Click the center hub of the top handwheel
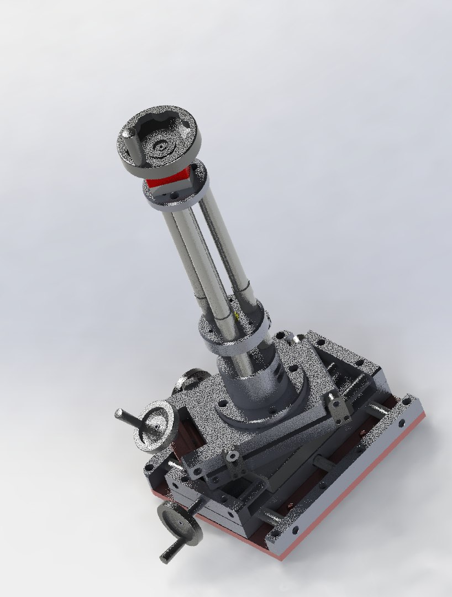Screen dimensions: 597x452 [161, 146]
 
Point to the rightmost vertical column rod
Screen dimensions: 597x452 [227, 249]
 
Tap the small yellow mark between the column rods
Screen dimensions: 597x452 [236, 316]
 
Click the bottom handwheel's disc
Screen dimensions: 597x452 [180, 522]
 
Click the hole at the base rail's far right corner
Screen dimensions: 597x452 [408, 403]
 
